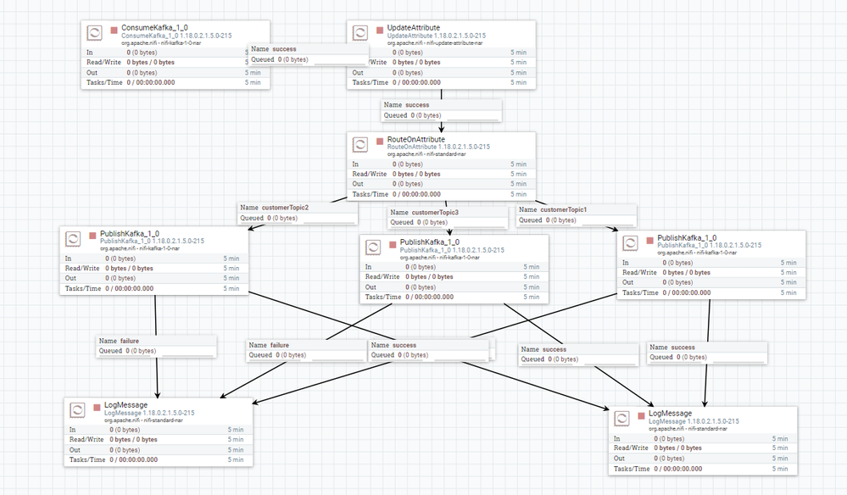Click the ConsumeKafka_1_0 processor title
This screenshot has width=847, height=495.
[149, 28]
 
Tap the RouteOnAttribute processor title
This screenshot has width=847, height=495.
[415, 140]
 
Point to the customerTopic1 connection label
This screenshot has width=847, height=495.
[563, 209]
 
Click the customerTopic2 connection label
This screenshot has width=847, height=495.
[285, 208]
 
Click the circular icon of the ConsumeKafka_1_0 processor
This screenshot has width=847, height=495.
[96, 33]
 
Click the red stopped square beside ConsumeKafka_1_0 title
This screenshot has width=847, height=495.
[114, 30]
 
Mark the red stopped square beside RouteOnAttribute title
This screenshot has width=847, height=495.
[380, 141]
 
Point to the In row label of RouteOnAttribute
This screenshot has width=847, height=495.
[355, 164]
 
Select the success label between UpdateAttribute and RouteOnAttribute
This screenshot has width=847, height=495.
[417, 104]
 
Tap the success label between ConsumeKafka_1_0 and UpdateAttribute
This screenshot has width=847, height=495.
[284, 49]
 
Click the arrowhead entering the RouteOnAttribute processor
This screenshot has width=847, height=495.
[441, 127]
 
